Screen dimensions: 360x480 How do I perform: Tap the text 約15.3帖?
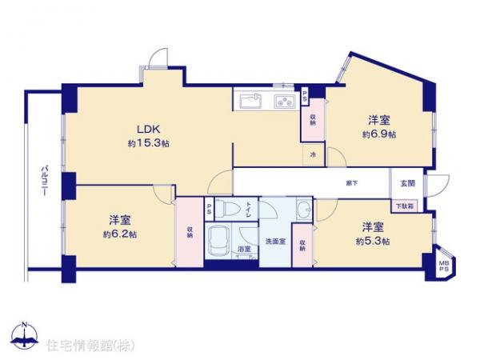pyautogui.click(x=146, y=143)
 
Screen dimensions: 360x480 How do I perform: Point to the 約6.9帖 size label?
pyautogui.click(x=379, y=134)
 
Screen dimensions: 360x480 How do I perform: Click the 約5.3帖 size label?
pyautogui.click(x=374, y=241)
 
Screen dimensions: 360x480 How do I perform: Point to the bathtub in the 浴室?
pyautogui.click(x=218, y=238)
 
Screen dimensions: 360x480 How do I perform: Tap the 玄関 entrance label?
pyautogui.click(x=407, y=183)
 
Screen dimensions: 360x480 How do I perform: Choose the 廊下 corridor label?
pyautogui.click(x=352, y=184)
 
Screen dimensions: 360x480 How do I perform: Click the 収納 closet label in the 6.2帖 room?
pyautogui.click(x=190, y=233)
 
